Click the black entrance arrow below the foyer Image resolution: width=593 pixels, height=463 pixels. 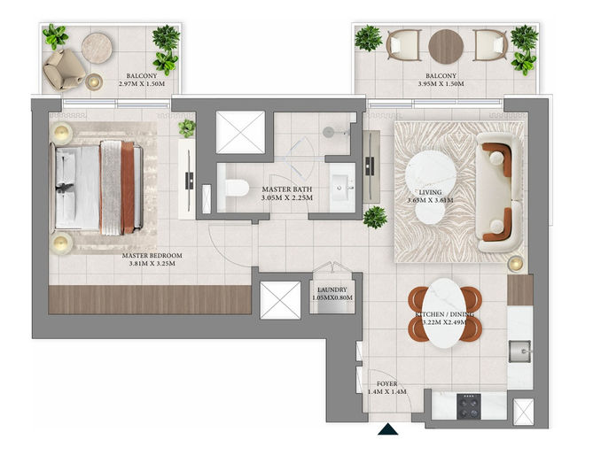[x=387, y=429]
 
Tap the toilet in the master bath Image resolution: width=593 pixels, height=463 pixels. [x=234, y=188]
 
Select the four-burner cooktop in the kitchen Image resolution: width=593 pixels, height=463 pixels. [x=469, y=406]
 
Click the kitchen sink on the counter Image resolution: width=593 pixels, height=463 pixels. [x=520, y=351]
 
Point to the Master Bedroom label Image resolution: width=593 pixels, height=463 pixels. [x=152, y=259]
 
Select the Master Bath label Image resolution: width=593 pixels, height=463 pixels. [x=287, y=193]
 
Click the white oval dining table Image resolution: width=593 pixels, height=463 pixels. [x=445, y=313]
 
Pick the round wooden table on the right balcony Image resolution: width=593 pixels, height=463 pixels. [x=446, y=46]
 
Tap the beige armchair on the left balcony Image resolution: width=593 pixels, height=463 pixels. [x=64, y=70]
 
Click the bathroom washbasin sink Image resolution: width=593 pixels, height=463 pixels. [x=342, y=188]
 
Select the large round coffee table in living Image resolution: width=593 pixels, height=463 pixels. [x=430, y=173]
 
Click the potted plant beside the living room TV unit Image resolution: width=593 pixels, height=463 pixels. [x=375, y=217]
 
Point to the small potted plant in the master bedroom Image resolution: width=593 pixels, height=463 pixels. [x=187, y=128]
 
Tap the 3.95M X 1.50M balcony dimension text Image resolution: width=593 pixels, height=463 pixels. [x=441, y=84]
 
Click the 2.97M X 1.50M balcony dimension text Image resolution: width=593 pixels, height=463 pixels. [x=142, y=84]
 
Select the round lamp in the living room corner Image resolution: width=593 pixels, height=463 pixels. [x=516, y=264]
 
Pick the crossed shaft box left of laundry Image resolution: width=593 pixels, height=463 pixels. [x=280, y=300]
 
